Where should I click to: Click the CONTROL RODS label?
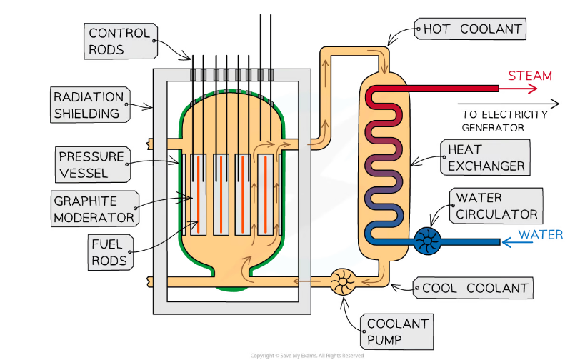coord(121,41)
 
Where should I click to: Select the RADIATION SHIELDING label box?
coord(90,105)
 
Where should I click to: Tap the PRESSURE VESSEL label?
coord(93,164)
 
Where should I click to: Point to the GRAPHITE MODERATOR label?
coord(95,209)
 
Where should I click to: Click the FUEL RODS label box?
coord(111,252)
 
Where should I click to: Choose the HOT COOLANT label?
coord(471,29)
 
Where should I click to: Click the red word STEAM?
coord(530,76)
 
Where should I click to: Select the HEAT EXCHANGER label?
coord(485,157)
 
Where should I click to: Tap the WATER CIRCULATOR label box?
coord(496,206)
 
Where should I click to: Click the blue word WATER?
coord(541,234)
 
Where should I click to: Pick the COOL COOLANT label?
coord(473,288)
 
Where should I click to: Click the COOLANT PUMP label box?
coord(396,331)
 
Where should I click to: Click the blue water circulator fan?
coord(428,241)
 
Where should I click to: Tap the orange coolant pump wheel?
coord(343,282)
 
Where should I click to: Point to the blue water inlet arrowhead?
coord(507,242)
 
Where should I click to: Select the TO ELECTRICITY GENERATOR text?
coord(504,121)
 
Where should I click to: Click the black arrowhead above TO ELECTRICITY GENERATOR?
coord(555,104)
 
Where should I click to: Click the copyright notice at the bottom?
coord(307,356)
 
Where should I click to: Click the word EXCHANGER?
coord(486,166)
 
